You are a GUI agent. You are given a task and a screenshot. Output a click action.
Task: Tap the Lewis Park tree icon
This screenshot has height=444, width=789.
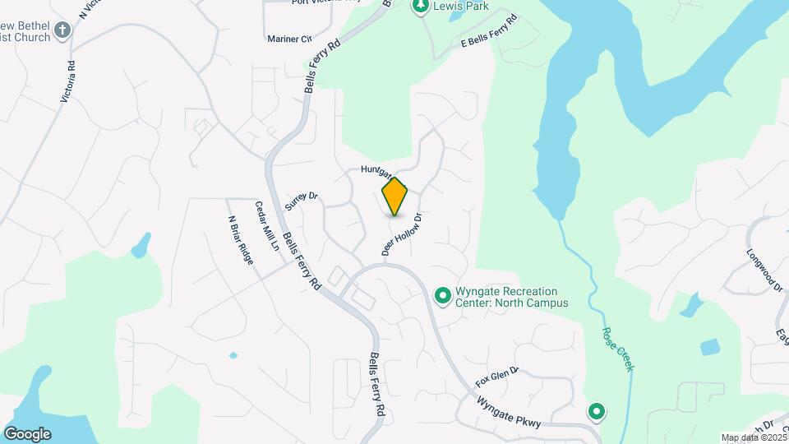pyautogui.click(x=421, y=7)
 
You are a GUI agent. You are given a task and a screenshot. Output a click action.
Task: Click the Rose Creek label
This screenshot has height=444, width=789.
pyautogui.click(x=619, y=349)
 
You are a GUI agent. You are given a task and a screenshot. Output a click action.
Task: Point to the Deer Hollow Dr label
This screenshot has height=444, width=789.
pyautogui.click(x=402, y=235)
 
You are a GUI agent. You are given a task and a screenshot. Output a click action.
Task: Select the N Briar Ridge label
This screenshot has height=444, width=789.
pyautogui.click(x=240, y=240)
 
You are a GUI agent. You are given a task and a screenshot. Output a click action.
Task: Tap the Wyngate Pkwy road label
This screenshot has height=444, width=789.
pyautogui.click(x=509, y=412)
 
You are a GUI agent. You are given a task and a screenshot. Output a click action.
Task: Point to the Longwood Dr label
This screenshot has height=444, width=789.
pyautogui.click(x=764, y=271)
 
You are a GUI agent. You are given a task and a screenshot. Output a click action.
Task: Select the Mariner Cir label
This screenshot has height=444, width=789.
pyautogui.click(x=289, y=39)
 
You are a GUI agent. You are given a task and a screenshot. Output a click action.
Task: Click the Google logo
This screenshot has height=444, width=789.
pyautogui.click(x=27, y=434)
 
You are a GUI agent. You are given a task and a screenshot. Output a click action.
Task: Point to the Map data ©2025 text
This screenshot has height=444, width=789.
pyautogui.click(x=753, y=437)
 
